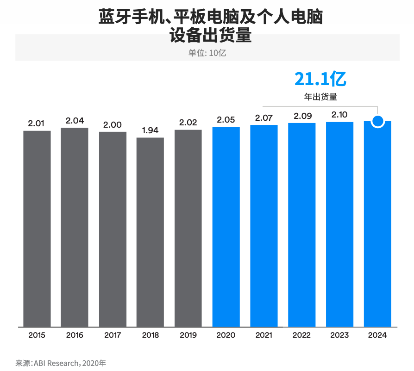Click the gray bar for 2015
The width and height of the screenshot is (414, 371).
pos(37,229)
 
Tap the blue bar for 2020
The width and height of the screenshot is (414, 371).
pos(226,227)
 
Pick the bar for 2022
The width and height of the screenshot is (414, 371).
pos(302,225)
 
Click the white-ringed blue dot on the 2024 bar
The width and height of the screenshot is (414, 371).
pos(378,122)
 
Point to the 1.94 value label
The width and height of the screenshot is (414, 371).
pos(151,130)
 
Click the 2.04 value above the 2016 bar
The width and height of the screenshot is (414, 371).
pos(75,121)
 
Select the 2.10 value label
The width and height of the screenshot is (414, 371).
pos(339,115)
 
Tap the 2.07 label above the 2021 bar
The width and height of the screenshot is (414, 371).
pos(264,117)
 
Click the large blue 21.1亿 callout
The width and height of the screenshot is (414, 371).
pos(320,80)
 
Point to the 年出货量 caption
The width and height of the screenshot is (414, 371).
pos(320,97)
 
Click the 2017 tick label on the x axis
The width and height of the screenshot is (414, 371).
pos(113,335)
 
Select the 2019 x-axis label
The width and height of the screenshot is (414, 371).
pos(188,335)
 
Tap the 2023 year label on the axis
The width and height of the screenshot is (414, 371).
pos(339,335)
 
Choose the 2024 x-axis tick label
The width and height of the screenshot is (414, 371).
pos(377,335)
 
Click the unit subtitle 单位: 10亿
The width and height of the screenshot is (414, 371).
pos(207,53)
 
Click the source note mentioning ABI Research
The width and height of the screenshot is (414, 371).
pos(61,363)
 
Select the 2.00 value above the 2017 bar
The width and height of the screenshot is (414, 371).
pos(113,124)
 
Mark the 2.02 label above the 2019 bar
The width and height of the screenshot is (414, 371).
pos(188,123)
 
